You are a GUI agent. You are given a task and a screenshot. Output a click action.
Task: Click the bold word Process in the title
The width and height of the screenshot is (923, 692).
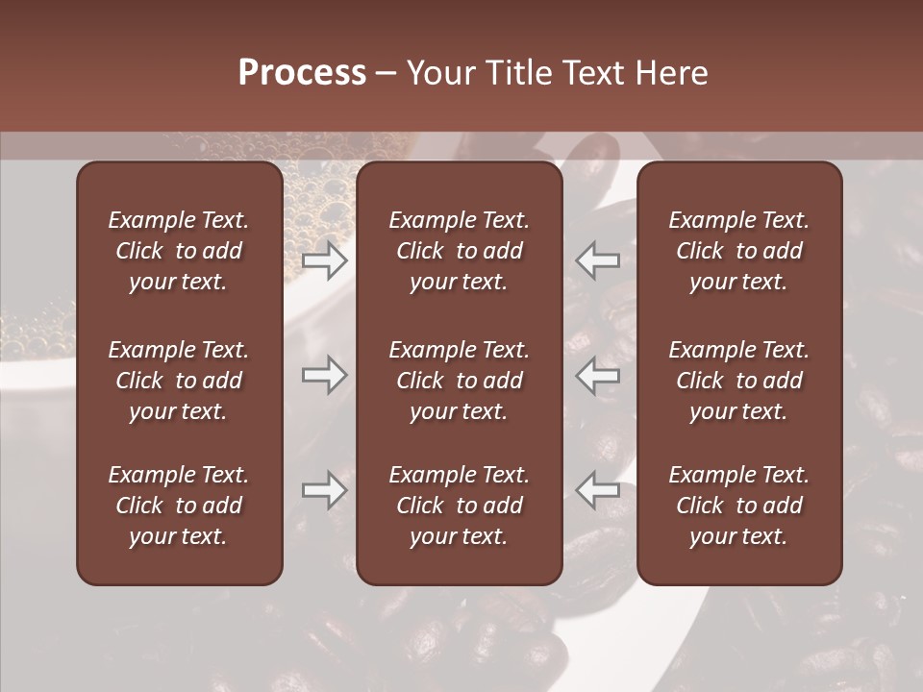pyautogui.click(x=302, y=73)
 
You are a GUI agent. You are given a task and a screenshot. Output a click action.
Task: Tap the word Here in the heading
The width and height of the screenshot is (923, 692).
pyautogui.click(x=671, y=73)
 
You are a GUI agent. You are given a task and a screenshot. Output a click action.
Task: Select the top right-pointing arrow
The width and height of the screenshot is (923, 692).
pyautogui.click(x=325, y=259)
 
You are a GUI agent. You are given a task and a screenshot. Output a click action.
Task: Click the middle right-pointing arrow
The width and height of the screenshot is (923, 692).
pyautogui.click(x=325, y=375)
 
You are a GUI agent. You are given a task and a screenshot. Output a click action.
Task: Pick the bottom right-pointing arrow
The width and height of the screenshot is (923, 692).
pyautogui.click(x=325, y=490)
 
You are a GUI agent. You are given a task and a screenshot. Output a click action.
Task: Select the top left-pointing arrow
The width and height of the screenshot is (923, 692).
pyautogui.click(x=597, y=259)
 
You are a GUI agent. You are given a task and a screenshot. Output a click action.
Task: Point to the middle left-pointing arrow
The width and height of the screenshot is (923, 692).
pyautogui.click(x=597, y=375)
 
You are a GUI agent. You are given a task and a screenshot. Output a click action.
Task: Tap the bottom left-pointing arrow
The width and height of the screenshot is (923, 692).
pyautogui.click(x=597, y=490)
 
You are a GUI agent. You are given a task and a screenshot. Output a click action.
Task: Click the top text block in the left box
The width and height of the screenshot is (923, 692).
pyautogui.click(x=179, y=251)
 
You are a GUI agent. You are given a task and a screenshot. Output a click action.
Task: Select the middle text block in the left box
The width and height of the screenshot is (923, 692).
pyautogui.click(x=179, y=381)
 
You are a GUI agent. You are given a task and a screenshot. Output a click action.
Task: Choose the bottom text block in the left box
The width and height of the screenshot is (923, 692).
pyautogui.click(x=179, y=506)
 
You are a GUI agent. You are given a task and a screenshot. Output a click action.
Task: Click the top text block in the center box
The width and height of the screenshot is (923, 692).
pyautogui.click(x=460, y=251)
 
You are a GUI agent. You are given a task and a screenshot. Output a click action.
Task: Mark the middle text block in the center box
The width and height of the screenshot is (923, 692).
pyautogui.click(x=460, y=381)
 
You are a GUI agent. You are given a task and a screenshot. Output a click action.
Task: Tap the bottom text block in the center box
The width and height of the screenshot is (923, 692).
pyautogui.click(x=460, y=506)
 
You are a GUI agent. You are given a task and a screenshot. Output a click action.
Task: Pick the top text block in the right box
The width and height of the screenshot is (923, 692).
pyautogui.click(x=739, y=251)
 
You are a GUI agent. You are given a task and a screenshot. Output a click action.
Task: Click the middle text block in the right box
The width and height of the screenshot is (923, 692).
pyautogui.click(x=739, y=381)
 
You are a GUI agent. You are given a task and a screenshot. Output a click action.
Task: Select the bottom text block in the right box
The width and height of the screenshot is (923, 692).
pyautogui.click(x=739, y=506)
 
